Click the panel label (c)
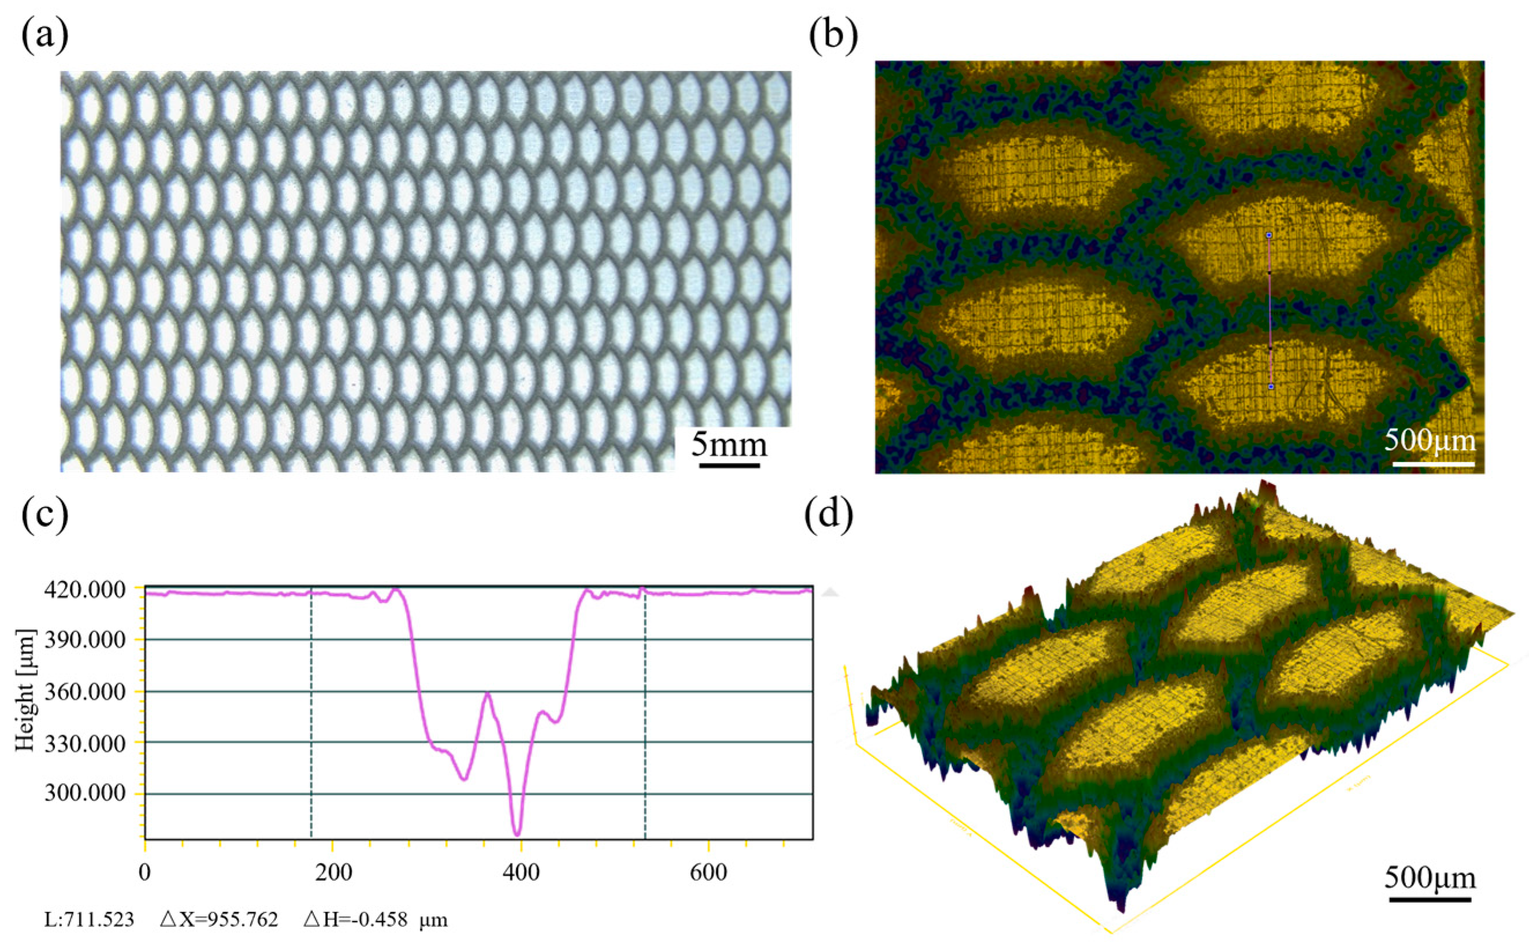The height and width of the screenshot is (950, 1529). click(44, 515)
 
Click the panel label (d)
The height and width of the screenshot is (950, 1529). click(829, 515)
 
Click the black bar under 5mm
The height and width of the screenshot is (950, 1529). click(729, 465)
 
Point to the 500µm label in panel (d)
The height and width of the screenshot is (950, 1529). click(1430, 877)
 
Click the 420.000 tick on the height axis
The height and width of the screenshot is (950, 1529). click(84, 590)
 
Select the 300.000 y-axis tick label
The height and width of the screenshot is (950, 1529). click(84, 793)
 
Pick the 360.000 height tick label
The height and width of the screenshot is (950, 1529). click(84, 692)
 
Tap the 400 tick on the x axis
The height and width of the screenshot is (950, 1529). click(521, 873)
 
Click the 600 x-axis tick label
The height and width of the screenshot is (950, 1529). click(708, 873)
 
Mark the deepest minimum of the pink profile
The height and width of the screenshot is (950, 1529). click(517, 834)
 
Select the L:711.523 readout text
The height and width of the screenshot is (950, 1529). click(89, 920)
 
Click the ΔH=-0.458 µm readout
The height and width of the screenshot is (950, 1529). click(375, 920)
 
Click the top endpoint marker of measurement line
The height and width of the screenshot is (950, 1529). click(1269, 235)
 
